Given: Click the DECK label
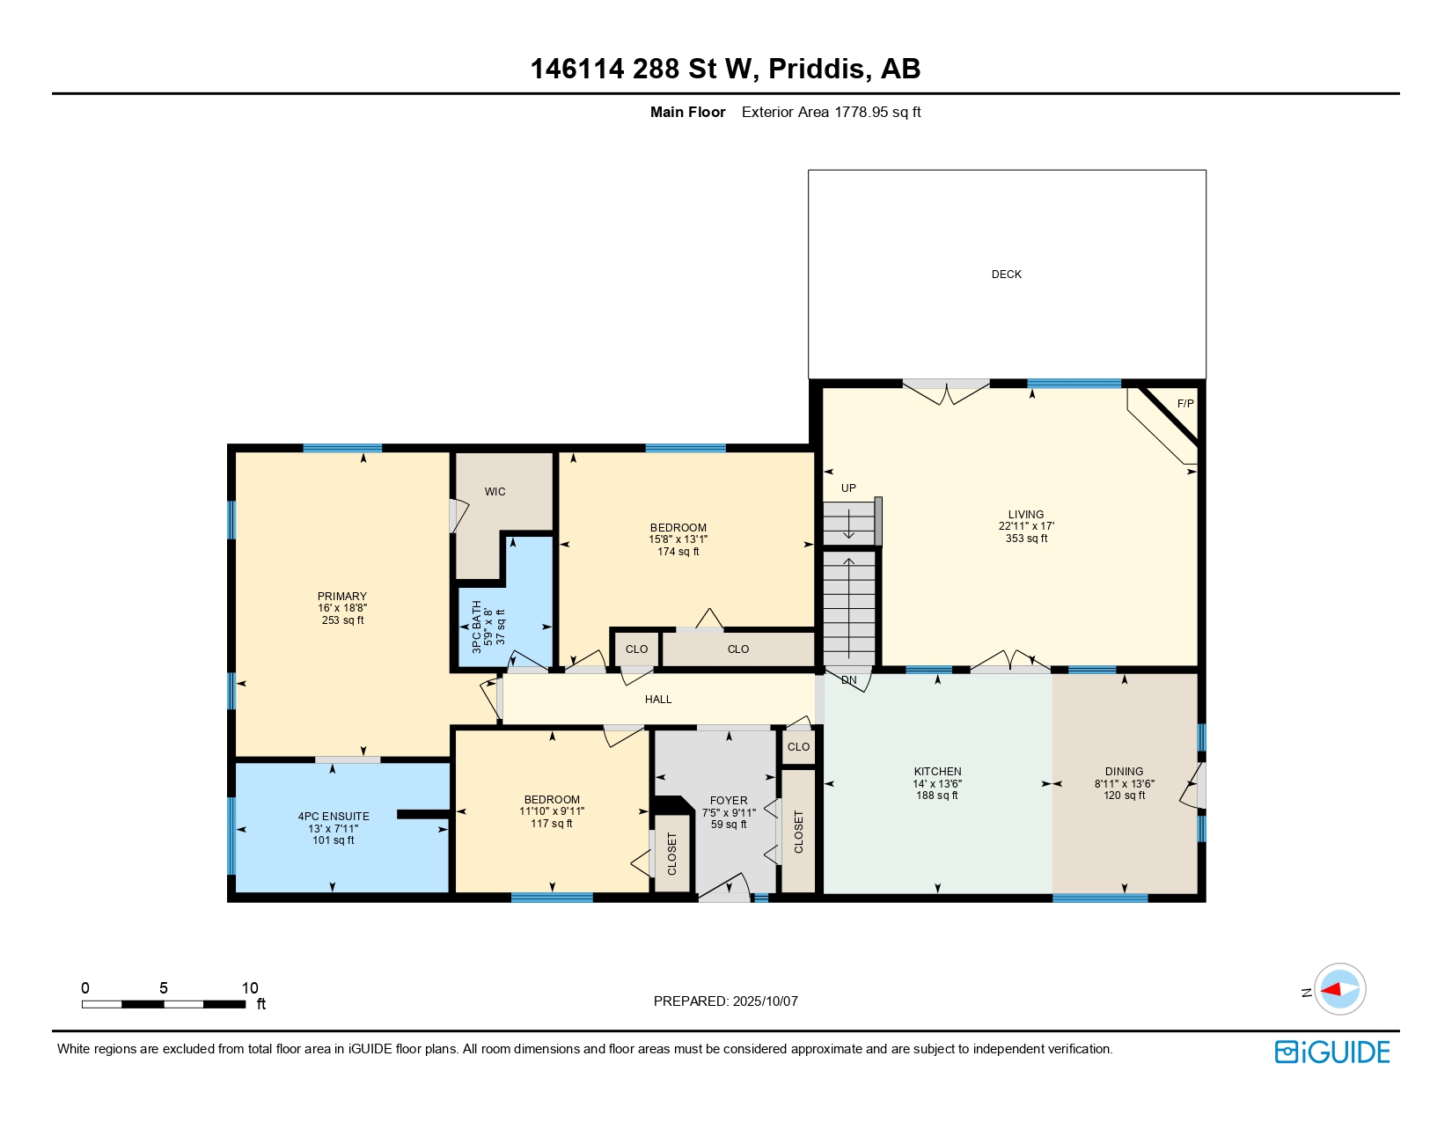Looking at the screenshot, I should click(1006, 275).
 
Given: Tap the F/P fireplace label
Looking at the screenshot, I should click(1184, 404).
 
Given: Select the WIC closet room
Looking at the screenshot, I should click(495, 492).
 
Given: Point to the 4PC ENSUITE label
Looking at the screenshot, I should click(334, 817).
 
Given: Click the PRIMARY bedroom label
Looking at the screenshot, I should click(342, 597).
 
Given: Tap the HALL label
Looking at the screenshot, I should click(657, 700).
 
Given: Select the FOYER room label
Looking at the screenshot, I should click(729, 801).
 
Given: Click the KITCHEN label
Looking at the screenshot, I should click(937, 772).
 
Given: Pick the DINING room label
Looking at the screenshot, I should click(1124, 772).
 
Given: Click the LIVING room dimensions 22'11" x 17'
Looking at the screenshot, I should click(1026, 526).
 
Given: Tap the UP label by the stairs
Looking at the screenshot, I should click(848, 488).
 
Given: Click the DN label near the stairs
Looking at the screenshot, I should click(848, 680).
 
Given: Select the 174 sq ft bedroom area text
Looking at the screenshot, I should click(678, 552).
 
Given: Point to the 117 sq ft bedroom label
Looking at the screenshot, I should click(552, 824).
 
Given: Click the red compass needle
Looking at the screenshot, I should click(1331, 990).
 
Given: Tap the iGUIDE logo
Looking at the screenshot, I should click(1332, 1052).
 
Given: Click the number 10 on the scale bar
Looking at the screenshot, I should click(250, 988).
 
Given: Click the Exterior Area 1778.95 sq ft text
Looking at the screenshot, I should click(831, 113).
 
